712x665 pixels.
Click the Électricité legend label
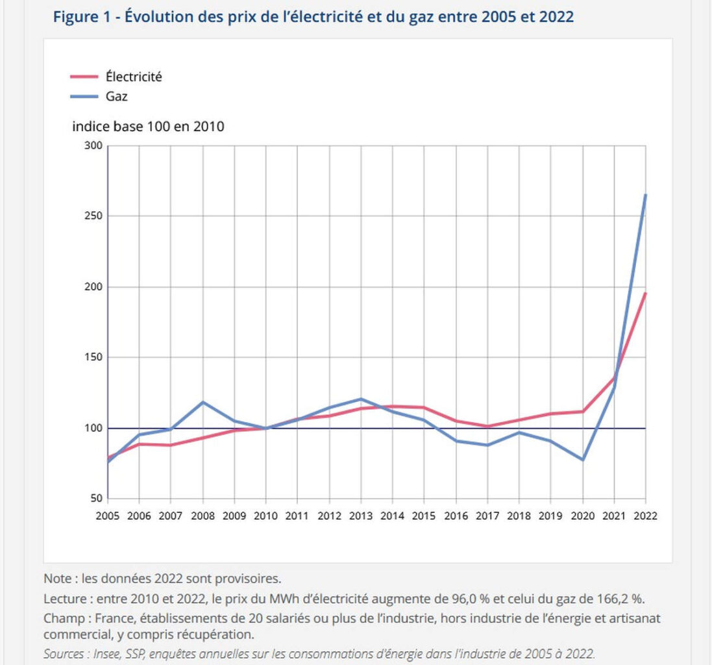tap(133, 77)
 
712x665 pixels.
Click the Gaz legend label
tap(117, 97)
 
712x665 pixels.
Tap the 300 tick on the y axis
tap(93, 145)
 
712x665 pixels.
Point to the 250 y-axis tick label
tap(93, 216)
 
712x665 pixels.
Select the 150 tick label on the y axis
tap(93, 358)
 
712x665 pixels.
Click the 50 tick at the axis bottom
tap(96, 499)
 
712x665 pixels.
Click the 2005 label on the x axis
tap(107, 516)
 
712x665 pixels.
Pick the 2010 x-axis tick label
tap(265, 516)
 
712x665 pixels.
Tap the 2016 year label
tap(456, 516)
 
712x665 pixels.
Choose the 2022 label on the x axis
tap(645, 516)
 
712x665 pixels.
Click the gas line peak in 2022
tap(645, 195)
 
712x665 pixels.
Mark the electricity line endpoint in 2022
tap(645, 293)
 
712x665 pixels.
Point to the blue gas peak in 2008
tap(203, 402)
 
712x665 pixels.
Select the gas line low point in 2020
tap(582, 460)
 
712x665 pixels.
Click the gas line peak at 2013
tap(361, 399)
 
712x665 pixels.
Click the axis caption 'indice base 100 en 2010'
tap(148, 127)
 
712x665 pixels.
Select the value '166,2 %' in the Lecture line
tap(621, 597)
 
